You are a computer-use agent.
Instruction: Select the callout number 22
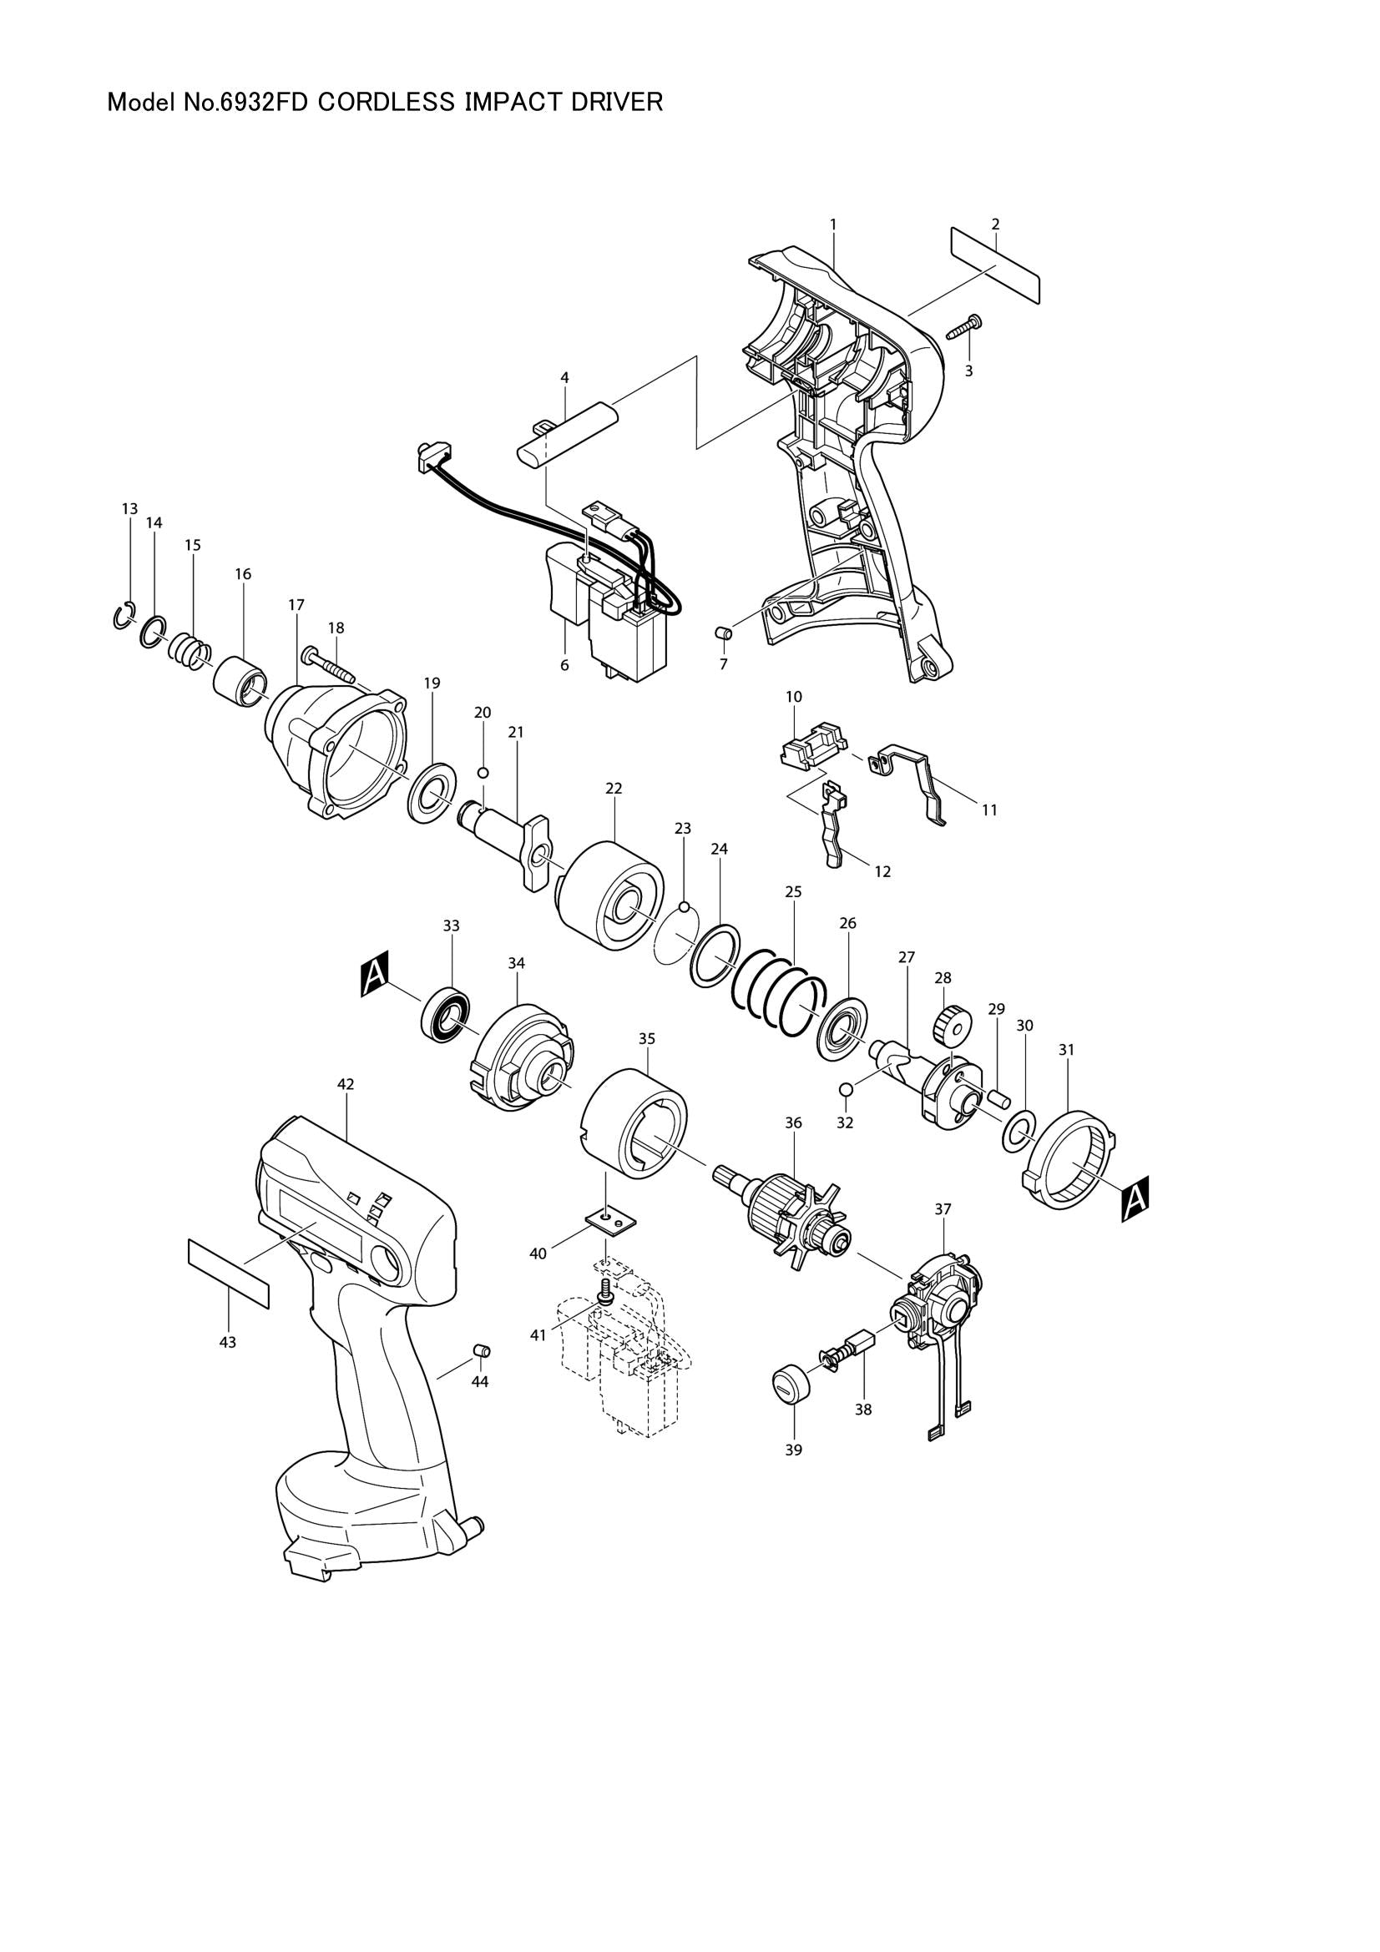pyautogui.click(x=614, y=788)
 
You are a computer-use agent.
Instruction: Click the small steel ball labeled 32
pyautogui.click(x=846, y=1090)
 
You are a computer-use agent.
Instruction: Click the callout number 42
pyautogui.click(x=346, y=1084)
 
